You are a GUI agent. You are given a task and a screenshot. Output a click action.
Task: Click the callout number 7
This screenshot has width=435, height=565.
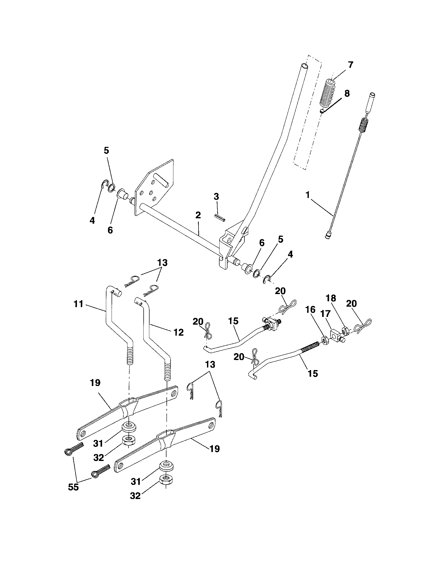[350, 65]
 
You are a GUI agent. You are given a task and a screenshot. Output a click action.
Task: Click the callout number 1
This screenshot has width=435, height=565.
[307, 196]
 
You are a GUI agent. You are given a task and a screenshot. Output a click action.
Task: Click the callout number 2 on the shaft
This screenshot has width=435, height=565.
[198, 215]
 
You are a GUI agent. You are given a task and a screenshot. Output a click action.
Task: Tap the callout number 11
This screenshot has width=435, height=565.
[78, 304]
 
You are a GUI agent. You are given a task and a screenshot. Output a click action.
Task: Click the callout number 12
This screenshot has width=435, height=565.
[179, 332]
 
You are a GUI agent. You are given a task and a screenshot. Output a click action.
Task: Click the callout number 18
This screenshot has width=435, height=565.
[331, 298]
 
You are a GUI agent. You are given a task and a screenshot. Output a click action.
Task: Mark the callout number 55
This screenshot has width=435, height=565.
[73, 487]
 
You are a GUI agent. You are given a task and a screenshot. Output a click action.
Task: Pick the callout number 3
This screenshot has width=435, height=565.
[216, 197]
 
